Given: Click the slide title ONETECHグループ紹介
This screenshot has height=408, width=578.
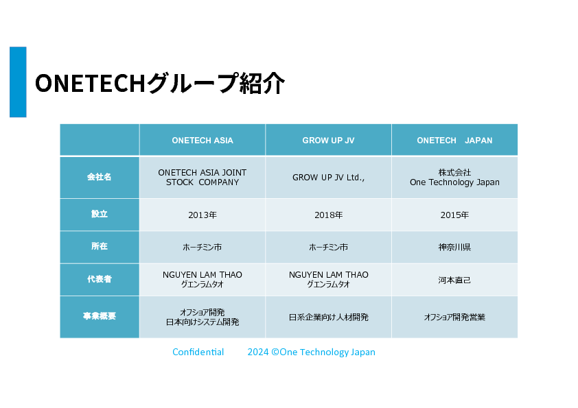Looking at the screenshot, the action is pos(160,83).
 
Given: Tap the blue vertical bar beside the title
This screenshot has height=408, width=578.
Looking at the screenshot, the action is pos(18,82).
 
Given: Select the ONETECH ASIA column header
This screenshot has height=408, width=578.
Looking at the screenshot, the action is pos(203,141).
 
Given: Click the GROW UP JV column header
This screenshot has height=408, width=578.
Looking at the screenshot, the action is pos(328,141).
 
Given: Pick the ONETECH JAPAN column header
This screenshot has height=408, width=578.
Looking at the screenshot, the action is pos(454,141).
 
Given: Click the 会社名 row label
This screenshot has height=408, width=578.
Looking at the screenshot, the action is pos(99,177).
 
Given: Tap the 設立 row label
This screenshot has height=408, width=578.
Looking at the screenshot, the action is pos(99,214).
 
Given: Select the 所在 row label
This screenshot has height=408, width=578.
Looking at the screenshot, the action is pos(99,246).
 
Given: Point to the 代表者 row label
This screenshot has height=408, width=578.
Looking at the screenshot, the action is pos(99,279).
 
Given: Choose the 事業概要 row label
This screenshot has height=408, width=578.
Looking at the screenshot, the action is pos(99,316).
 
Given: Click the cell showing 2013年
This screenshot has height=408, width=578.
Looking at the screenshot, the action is pos(203,215).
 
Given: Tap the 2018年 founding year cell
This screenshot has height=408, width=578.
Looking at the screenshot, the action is pos(328,215).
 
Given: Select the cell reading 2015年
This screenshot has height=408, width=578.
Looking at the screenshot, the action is pos(454,215).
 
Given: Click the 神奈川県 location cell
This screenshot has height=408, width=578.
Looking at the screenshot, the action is pos(454,247).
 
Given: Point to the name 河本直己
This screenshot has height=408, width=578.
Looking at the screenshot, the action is pos(454,280).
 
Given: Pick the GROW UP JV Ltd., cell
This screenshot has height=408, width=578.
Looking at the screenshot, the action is pos(328,178).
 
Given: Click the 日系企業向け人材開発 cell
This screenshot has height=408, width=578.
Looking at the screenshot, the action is pos(328,317).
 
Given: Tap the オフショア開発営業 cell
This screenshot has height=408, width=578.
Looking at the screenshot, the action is pos(454,317).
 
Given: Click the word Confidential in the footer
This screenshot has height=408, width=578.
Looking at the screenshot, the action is pos(198,352).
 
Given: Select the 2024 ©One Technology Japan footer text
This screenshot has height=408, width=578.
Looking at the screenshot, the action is pos(312,352).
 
